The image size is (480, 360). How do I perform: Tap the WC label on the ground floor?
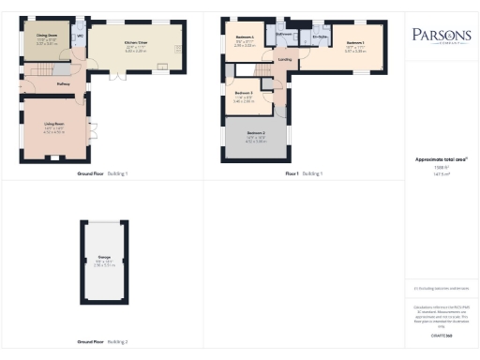coord(81,37)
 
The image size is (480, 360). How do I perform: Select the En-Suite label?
coord(320,37)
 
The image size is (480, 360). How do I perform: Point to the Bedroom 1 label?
coord(354,43)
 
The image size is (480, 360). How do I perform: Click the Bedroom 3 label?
coord(243,94)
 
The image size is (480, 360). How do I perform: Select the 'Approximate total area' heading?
coord(438,159)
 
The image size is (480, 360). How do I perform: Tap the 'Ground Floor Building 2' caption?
coord(102,341)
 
